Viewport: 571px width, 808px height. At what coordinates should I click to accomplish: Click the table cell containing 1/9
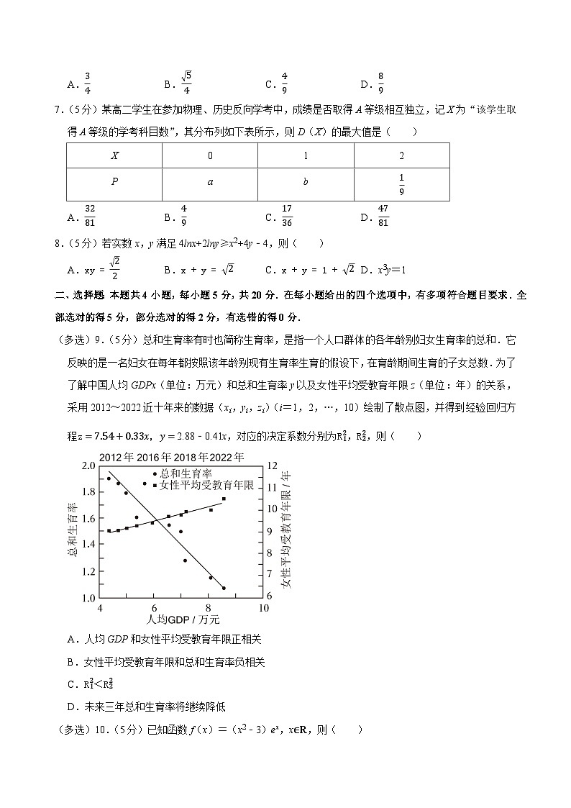coord(401,183)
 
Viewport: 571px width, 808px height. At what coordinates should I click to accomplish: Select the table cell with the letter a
coord(210,183)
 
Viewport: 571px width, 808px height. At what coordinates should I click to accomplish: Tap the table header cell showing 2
coord(401,155)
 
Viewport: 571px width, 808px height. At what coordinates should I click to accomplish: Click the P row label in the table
coord(114,183)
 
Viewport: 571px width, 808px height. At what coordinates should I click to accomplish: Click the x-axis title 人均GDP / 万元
coord(176,619)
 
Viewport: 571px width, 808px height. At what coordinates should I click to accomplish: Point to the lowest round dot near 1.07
coord(224,588)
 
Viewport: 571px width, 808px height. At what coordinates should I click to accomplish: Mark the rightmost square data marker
coord(224,499)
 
